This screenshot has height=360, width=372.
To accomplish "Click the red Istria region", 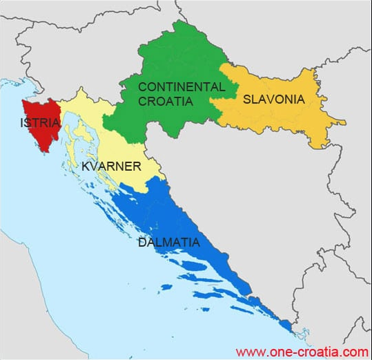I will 38,135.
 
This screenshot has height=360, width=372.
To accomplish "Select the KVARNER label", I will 111,167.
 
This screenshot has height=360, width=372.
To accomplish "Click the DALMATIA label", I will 169,243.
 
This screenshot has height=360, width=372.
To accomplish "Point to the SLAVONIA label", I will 273,99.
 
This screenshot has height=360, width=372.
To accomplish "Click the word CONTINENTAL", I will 182,87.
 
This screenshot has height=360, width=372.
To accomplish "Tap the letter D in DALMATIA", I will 142,243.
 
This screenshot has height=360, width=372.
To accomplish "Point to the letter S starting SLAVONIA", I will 246,99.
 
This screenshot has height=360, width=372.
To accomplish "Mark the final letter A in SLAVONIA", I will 300,99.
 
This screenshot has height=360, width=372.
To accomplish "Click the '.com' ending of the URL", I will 356,351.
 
